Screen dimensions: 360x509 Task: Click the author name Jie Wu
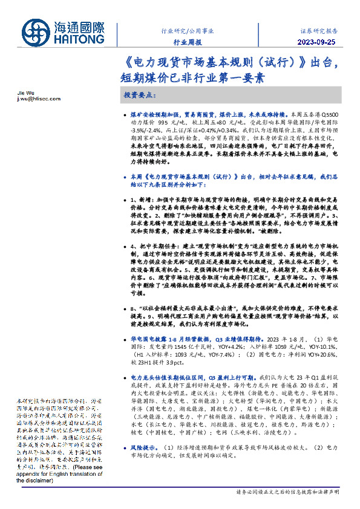pyautogui.click(x=23, y=93)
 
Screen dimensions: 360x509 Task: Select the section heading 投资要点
pyautogui.click(x=139, y=96)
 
